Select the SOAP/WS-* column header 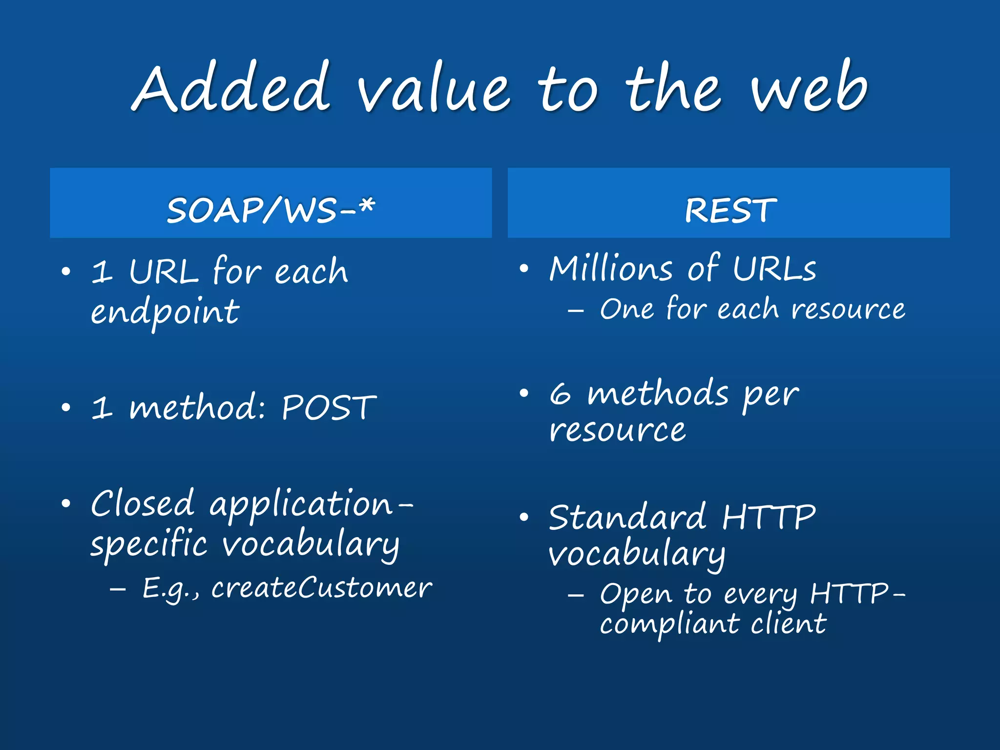click(x=271, y=210)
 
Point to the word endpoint click(x=165, y=312)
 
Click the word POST click(x=329, y=408)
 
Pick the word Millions click(x=611, y=269)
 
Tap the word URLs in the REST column click(x=774, y=269)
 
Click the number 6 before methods click(x=560, y=395)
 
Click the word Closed click(x=143, y=504)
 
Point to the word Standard click(x=627, y=518)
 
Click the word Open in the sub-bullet click(x=635, y=595)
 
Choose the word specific click(x=149, y=545)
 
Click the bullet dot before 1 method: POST click(x=66, y=408)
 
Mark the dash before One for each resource click(x=576, y=311)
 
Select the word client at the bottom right click(x=788, y=624)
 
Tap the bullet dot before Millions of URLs click(x=524, y=269)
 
